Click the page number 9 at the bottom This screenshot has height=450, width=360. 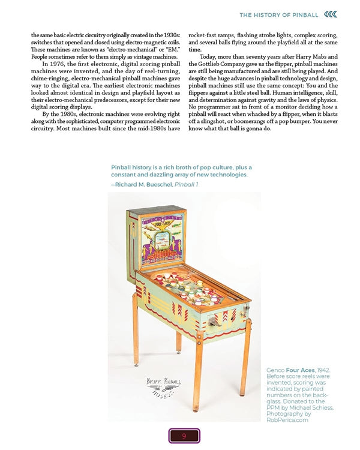click(184, 436)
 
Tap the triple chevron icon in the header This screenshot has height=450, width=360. click(330, 14)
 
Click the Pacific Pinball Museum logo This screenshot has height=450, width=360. click(164, 386)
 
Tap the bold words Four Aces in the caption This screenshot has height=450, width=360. click(298, 371)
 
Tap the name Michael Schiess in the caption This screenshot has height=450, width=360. click(310, 407)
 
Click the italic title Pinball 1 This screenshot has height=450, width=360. click(187, 184)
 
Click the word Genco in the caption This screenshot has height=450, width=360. click(276, 371)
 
